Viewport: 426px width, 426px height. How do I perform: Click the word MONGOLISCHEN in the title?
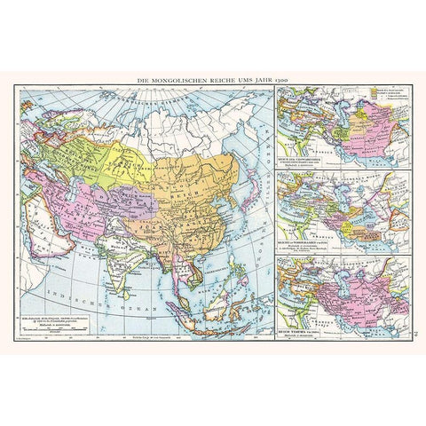[x=175, y=83]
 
